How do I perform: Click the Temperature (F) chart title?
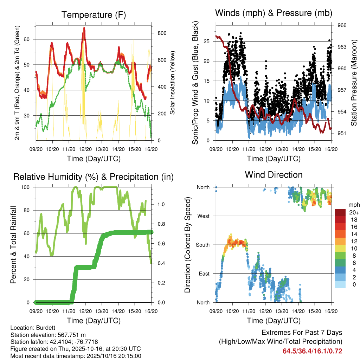click(94, 15)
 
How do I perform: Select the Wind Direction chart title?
click(274, 174)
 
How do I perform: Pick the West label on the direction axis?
click(203, 216)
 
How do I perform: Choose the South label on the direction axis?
click(202, 245)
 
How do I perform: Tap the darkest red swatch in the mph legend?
click(341, 212)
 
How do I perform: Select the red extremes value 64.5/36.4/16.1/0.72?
click(312, 351)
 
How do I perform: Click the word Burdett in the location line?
click(41, 327)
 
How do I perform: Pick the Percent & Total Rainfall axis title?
click(13, 245)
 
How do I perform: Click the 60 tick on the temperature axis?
click(30, 39)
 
